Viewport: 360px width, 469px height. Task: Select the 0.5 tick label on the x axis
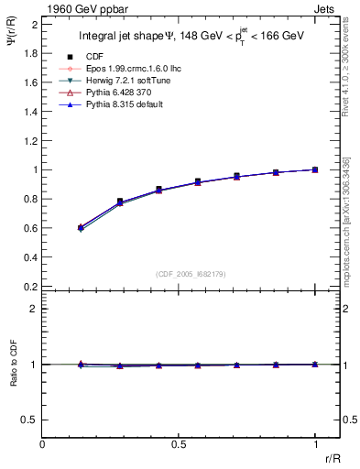pyautogui.click(x=179, y=443)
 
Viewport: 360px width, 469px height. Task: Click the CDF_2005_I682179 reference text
pyautogui.click(x=180, y=273)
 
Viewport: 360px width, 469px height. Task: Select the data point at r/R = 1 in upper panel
pyautogui.click(x=315, y=169)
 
